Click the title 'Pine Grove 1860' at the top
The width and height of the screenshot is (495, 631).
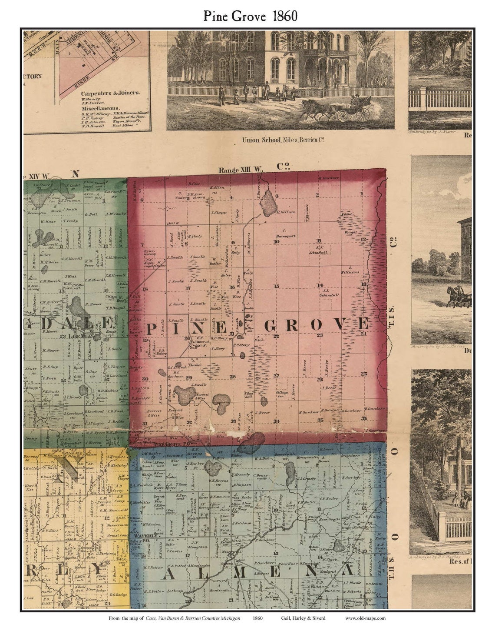coord(251,16)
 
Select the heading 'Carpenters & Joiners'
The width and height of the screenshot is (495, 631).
coord(110,93)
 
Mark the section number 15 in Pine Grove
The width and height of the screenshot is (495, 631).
coord(276,286)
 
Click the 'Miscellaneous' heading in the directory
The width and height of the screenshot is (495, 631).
coord(100,108)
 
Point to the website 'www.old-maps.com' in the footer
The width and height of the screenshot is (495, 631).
coord(365,618)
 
